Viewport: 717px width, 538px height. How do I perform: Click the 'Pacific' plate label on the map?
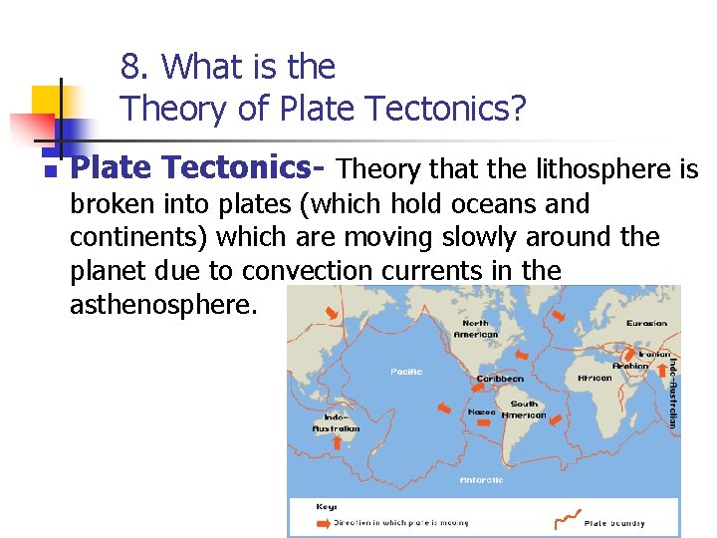pos(405,372)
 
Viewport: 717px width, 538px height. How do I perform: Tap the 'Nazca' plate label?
pos(481,410)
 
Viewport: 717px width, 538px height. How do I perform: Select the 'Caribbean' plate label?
pos(499,379)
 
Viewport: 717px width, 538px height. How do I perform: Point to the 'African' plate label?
pos(595,379)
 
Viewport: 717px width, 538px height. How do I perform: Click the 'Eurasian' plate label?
pos(646,323)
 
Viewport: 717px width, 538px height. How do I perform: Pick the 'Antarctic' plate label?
pos(481,479)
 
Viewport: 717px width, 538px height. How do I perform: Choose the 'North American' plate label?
pos(475,329)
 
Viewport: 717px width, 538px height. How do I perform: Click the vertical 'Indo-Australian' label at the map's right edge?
pos(672,394)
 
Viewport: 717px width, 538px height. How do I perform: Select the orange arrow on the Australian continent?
pos(336,441)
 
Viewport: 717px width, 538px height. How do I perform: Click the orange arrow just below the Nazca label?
pos(483,422)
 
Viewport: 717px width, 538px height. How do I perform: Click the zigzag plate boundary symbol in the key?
pos(566,518)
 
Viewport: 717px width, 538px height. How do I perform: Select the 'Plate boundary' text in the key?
pos(614,523)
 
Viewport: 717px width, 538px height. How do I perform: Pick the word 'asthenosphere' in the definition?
pos(163,304)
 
